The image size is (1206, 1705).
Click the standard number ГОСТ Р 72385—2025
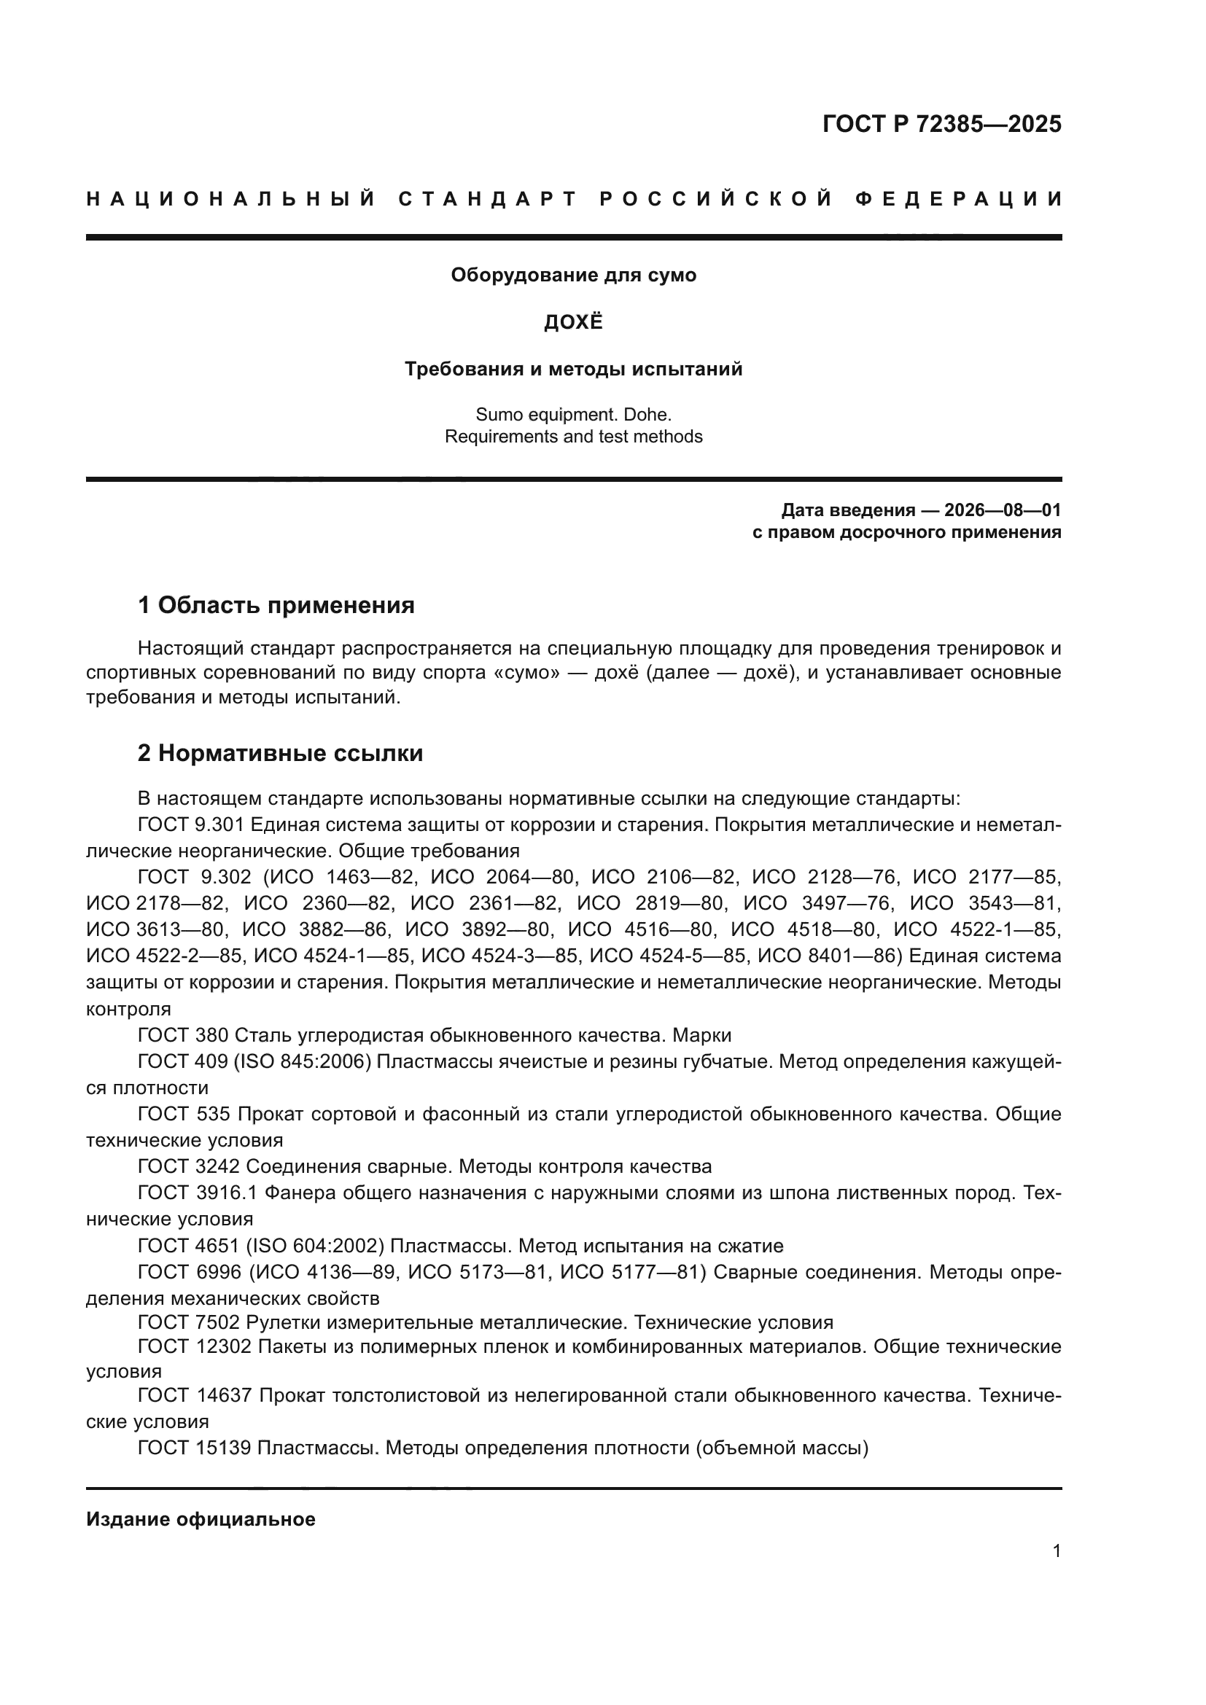click(941, 123)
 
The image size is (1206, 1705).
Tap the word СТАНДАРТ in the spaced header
click(488, 199)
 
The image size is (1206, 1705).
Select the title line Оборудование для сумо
click(573, 276)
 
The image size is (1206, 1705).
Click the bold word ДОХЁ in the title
click(573, 322)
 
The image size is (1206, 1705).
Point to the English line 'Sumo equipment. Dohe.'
click(573, 414)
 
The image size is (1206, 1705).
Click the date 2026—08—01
click(1002, 510)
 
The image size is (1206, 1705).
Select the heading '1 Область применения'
click(276, 605)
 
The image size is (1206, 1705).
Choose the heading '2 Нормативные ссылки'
click(280, 753)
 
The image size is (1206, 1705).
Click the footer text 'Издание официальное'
click(201, 1518)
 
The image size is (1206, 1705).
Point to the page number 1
click(1056, 1550)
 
